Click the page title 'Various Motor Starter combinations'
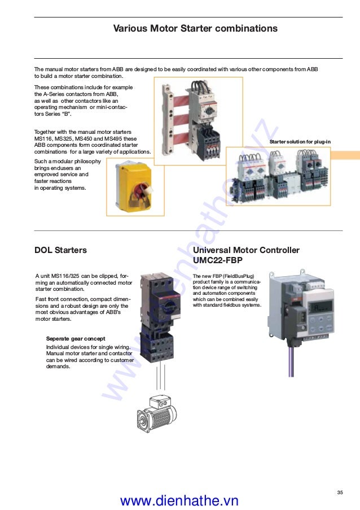point(195,28)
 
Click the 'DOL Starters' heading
point(61,250)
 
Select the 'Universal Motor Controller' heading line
point(246,250)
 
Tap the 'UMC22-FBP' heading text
point(219,260)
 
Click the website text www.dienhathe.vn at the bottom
point(179,500)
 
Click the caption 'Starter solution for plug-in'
point(300,141)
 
